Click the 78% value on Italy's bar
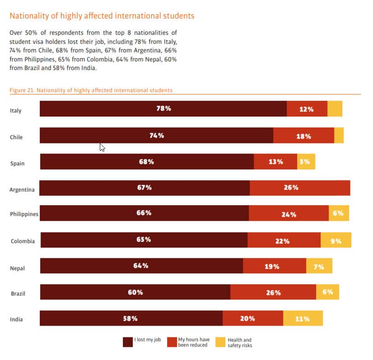163,109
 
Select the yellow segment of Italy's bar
335,109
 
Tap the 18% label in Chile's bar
303,136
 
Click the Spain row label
17,164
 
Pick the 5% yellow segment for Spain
306,162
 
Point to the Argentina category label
22,190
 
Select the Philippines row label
24,215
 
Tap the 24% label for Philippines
289,215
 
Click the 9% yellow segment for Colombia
336,241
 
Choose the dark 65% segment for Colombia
144,240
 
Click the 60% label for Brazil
135,292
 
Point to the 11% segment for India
303,318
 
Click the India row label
16,320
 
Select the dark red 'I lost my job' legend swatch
128,342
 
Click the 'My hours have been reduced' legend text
193,342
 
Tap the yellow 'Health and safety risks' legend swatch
220,342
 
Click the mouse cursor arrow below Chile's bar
103,148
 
